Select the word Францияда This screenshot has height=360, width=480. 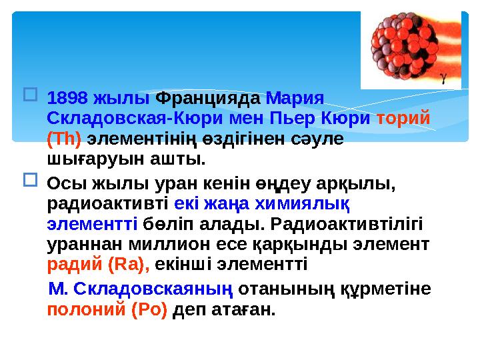[209, 98]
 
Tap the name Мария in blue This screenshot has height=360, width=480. [295, 98]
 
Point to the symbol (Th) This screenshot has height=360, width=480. [64, 139]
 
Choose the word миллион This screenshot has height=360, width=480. [152, 244]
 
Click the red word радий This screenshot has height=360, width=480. [75, 265]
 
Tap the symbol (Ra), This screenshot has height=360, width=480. [129, 265]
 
